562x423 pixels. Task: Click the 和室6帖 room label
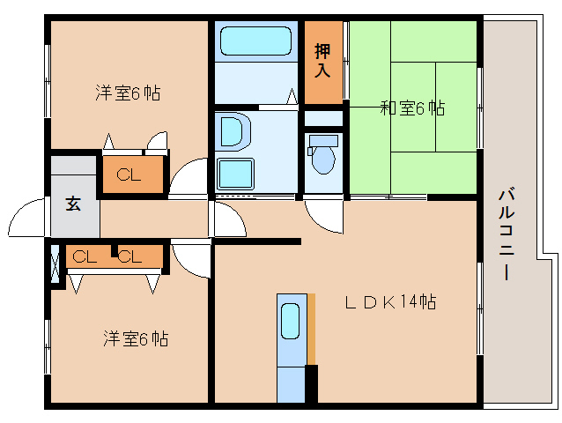(x=411, y=108)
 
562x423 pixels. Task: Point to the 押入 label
(x=324, y=59)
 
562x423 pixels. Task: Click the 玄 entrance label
(x=73, y=204)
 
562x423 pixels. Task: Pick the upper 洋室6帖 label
(x=127, y=93)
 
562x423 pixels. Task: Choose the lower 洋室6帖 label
(x=136, y=338)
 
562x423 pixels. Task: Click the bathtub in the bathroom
(x=255, y=42)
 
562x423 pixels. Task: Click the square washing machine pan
(x=235, y=174)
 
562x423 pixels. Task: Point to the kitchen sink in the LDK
(x=290, y=321)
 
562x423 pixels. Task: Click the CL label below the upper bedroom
(x=129, y=174)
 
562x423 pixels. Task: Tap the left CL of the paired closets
(x=85, y=257)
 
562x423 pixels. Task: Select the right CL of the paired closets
(x=129, y=257)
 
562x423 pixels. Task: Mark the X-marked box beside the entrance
(x=56, y=263)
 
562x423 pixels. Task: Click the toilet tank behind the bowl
(x=323, y=138)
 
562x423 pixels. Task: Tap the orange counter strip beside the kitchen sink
(x=311, y=327)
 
